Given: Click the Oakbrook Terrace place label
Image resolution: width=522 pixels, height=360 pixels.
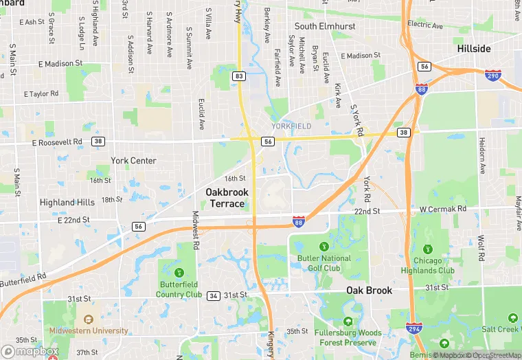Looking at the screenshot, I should [227, 198].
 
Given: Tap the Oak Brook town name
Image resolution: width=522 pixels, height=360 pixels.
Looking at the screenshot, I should [369, 291].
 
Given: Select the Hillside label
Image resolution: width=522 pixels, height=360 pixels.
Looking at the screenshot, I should [474, 49].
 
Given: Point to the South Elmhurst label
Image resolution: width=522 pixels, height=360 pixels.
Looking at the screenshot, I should [325, 27].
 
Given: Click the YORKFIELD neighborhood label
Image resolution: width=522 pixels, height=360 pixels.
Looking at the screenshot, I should [291, 126].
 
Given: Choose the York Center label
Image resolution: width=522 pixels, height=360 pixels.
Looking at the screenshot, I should [133, 161].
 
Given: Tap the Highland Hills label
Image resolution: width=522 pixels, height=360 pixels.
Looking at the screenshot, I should [67, 203].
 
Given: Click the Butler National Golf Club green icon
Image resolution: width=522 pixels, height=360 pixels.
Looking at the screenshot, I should [324, 245].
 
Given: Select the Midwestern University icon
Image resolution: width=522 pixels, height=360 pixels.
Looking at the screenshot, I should [88, 319].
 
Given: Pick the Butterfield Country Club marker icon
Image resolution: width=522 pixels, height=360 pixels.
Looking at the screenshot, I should [180, 273].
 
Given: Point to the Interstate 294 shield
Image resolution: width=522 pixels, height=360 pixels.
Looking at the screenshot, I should [413, 329].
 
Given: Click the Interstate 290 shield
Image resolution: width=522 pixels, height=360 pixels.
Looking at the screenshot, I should [492, 75].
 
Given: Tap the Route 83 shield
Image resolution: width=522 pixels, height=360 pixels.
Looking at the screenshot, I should [238, 76].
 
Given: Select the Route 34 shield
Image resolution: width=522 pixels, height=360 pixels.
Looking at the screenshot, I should [214, 295].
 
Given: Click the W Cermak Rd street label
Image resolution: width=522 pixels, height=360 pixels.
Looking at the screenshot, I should [443, 209].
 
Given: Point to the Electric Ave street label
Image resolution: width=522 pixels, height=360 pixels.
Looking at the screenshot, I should [425, 25].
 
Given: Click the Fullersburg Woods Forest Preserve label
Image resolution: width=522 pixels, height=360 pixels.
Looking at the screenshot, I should [350, 337].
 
